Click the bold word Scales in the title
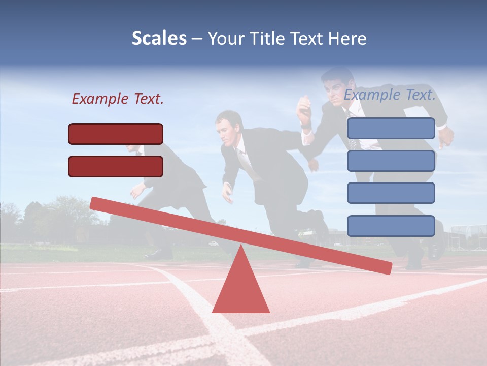coord(159,39)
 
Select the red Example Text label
coord(118,99)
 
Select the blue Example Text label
coord(390,95)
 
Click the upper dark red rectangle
coord(116,134)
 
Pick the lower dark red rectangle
coord(116,166)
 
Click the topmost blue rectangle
coord(391,128)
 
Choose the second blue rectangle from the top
coord(391,161)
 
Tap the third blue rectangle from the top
coord(391,193)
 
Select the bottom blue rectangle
coord(391,226)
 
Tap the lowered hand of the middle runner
coord(227,196)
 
